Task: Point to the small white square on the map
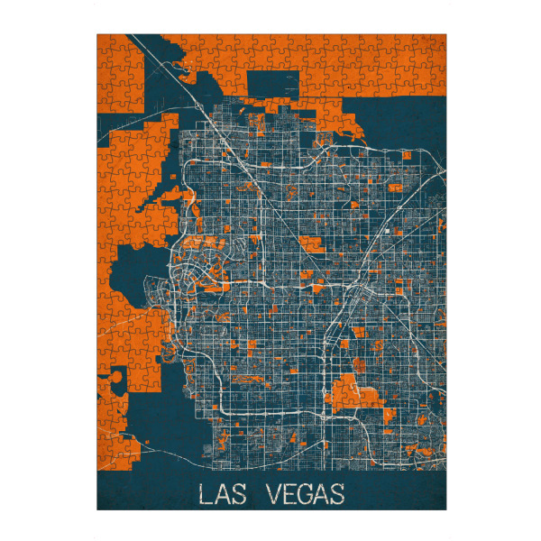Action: tap(386, 232)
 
